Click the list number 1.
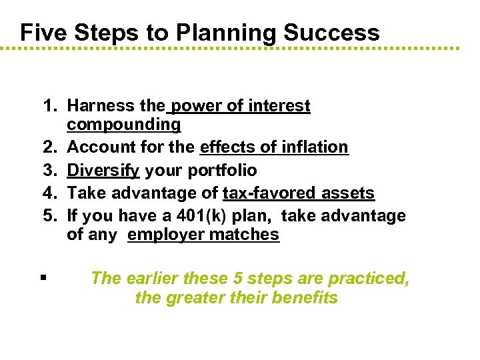pyautogui.click(x=50, y=105)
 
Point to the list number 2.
pyautogui.click(x=50, y=147)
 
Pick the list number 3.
pyautogui.click(x=50, y=170)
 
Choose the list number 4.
pyautogui.click(x=50, y=193)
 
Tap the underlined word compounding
pyautogui.click(x=123, y=125)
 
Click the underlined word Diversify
pyautogui.click(x=103, y=170)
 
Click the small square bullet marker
pyautogui.click(x=42, y=277)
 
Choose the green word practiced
pyautogui.click(x=371, y=277)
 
